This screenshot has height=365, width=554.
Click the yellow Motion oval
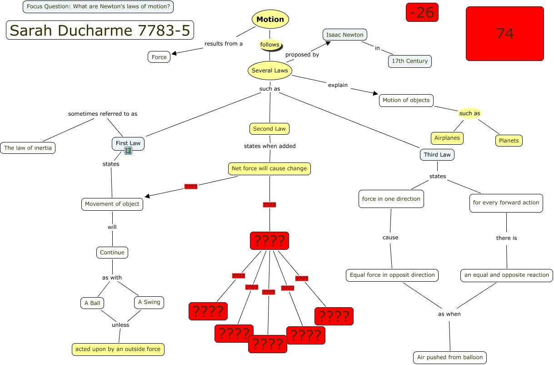coord(270,19)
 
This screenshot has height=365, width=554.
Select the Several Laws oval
coord(270,71)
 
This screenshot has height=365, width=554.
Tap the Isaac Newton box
coord(345,35)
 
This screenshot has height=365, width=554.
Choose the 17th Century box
coord(410,61)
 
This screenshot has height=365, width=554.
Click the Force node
coord(159,57)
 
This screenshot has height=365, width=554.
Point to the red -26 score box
coord(422,12)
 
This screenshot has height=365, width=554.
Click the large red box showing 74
coord(505,34)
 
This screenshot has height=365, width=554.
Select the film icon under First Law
coord(128,151)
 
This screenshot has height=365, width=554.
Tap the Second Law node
coord(270,129)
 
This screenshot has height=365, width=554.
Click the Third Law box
coord(437,155)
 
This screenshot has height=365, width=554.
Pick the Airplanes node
coord(447,138)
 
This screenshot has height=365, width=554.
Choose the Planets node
coord(509,141)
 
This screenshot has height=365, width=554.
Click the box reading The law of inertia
coord(28,148)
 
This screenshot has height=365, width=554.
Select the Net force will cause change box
coord(270,169)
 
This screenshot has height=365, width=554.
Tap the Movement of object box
coord(112,204)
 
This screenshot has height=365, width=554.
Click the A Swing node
coord(149,302)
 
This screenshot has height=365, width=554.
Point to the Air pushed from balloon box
coord(450,357)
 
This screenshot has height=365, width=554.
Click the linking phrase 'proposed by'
coord(302,55)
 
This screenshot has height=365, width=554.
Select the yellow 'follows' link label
coord(270,45)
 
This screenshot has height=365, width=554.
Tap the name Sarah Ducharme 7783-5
coord(100,30)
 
